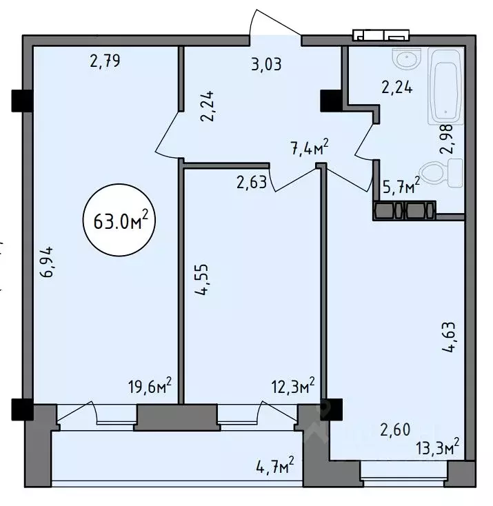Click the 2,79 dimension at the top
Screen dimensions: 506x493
coord(105,61)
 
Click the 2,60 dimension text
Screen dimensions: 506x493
coord(395,430)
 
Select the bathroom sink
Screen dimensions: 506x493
coord(408,61)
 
